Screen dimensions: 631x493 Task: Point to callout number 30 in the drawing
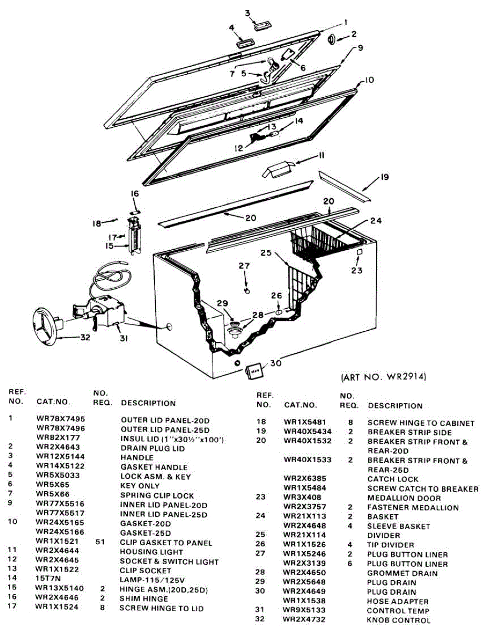pyautogui.click(x=276, y=363)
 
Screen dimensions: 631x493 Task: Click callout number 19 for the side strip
pyautogui.click(x=385, y=178)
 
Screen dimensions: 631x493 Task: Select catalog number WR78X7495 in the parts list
pyautogui.click(x=61, y=419)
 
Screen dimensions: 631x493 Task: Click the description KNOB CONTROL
pyautogui.click(x=398, y=620)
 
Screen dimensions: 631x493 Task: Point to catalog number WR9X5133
pyautogui.click(x=304, y=610)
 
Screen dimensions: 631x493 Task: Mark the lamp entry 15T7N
pyautogui.click(x=48, y=580)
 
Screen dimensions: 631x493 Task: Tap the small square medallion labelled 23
pyautogui.click(x=359, y=253)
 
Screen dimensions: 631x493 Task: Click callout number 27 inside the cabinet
pyautogui.click(x=244, y=267)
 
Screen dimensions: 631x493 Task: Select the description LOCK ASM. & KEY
pyautogui.click(x=156, y=477)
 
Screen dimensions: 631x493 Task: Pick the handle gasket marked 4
pyautogui.click(x=245, y=44)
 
